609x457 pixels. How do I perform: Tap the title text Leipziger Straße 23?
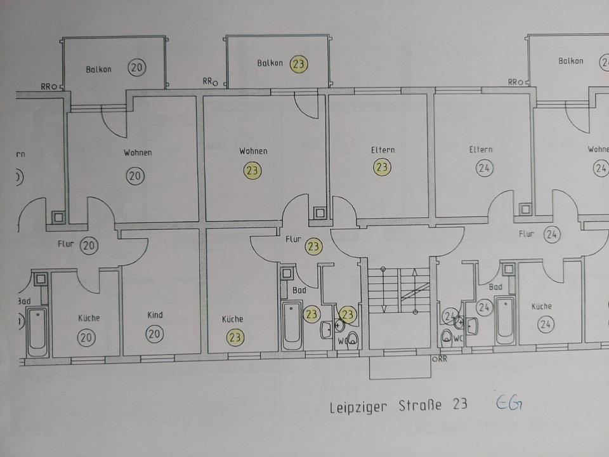pyautogui.click(x=398, y=406)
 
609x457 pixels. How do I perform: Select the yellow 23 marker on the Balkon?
pyautogui.click(x=299, y=64)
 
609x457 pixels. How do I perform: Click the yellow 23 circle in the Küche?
pyautogui.click(x=235, y=338)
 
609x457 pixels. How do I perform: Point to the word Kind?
pyautogui.click(x=155, y=315)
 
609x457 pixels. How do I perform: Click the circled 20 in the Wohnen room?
pyautogui.click(x=135, y=176)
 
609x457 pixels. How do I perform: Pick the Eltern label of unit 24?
pyautogui.click(x=480, y=150)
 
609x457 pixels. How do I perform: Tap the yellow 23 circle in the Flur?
pyautogui.click(x=313, y=246)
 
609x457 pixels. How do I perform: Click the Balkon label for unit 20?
pyautogui.click(x=98, y=69)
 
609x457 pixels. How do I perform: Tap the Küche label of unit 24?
pyautogui.click(x=541, y=306)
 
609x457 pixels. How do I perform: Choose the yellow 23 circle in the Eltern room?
pyautogui.click(x=382, y=168)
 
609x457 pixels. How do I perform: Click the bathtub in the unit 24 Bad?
pyautogui.click(x=506, y=321)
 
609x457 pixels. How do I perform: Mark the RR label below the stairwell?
pyautogui.click(x=440, y=359)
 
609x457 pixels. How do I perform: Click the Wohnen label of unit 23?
pyautogui.click(x=252, y=151)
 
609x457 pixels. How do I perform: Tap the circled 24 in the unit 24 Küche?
pyautogui.click(x=545, y=324)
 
